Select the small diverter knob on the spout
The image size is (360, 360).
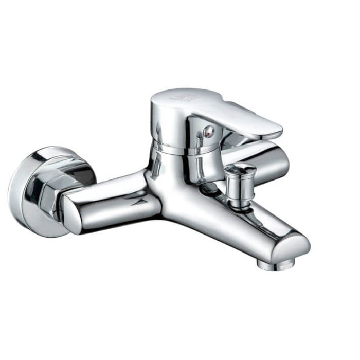click(240, 178)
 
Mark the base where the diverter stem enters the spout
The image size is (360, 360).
click(238, 203)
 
